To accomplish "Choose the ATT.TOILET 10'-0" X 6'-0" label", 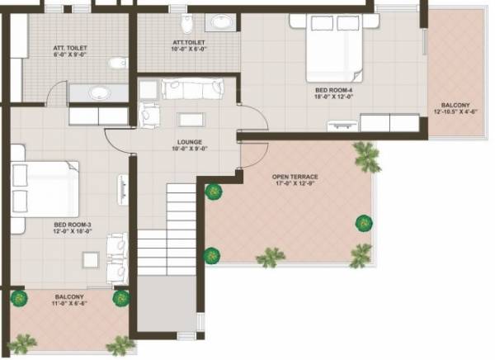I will (x=189, y=45).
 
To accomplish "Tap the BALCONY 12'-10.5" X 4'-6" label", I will (x=455, y=108).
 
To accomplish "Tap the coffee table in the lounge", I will (x=191, y=117).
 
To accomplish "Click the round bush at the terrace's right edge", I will (x=362, y=222).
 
